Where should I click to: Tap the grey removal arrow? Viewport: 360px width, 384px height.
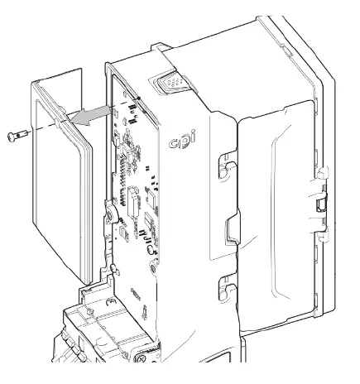(x=92, y=115)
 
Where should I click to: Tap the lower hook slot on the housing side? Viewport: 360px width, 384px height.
(x=222, y=289)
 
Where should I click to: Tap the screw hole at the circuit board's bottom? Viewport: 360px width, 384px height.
(x=155, y=267)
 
